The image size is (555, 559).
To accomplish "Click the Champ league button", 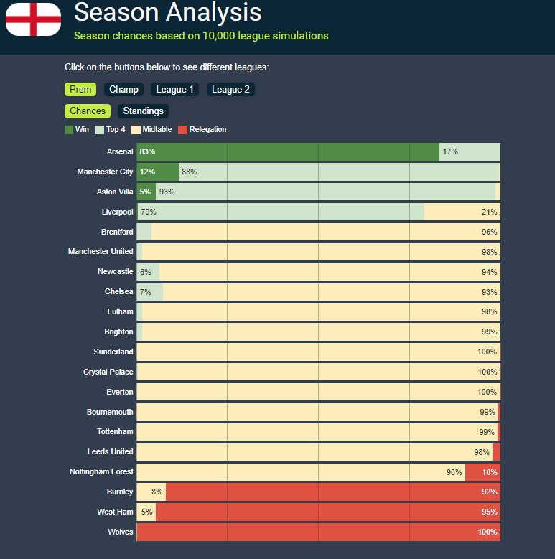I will coord(123,90).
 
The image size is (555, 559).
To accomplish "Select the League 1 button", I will coord(175,90).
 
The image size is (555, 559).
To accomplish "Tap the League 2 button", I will coord(230,90).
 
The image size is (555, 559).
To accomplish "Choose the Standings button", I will coord(143,111).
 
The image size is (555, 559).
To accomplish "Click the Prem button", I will coord(80,90).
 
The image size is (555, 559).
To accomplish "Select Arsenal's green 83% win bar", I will coord(287,152).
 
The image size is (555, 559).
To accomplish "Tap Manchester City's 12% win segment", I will coord(157,172).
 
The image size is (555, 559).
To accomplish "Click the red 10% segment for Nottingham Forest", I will coord(482,472).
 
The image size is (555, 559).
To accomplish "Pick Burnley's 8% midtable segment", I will coord(151,492).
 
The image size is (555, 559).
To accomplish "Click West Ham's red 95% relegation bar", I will coord(327,512).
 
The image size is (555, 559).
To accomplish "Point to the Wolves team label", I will coord(120,532).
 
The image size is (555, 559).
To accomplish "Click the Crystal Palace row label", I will coord(108,372).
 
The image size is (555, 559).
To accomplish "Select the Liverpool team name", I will coord(117,212).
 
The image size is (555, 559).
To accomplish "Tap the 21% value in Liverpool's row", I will coord(489,212).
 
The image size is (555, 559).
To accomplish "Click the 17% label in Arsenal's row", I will coord(450,152).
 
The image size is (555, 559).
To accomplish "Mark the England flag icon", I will coord(33,19).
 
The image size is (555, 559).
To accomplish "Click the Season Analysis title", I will coord(168,12).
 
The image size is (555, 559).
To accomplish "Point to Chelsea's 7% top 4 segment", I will coord(149,292).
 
